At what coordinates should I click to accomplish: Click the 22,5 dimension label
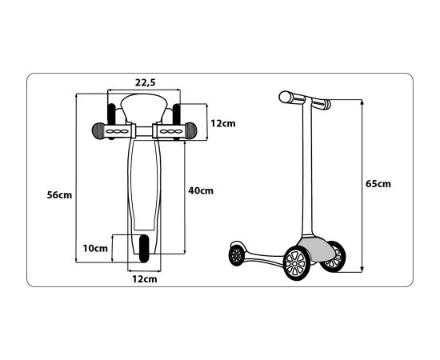145,82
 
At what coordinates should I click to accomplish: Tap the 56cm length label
59,195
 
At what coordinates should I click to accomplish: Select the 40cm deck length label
201,191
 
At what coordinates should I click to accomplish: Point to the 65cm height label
378,184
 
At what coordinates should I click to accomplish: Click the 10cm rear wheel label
95,248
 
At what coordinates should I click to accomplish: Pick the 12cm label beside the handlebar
223,123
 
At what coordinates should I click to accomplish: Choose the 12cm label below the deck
145,279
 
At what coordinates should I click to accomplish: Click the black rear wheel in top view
144,249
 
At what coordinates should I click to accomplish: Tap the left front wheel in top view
111,121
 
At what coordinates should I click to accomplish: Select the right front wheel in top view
177,121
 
